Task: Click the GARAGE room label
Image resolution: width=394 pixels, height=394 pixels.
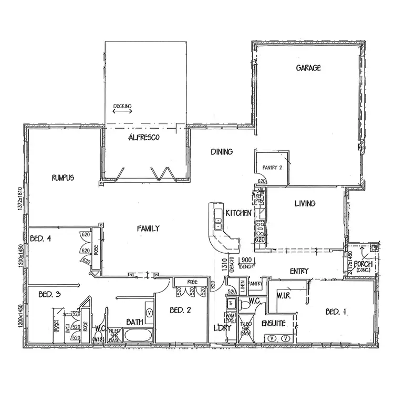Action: point(308,68)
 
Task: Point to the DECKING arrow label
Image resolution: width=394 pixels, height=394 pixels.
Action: point(122,107)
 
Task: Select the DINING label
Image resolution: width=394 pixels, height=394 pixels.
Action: point(222,152)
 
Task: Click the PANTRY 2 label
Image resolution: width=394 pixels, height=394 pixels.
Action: point(272,168)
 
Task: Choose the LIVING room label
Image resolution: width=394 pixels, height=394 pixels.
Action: point(305,203)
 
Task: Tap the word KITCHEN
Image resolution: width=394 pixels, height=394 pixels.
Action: point(239,213)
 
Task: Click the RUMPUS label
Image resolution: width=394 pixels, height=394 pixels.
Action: point(63,178)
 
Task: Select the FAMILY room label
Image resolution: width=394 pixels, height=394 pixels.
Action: point(148,229)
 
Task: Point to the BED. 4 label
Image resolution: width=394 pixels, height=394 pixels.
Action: point(40,238)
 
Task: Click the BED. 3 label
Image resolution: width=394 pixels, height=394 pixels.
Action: point(50,295)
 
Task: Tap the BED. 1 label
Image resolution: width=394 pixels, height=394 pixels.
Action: point(336,312)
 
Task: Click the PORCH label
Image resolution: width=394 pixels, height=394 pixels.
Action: point(363,264)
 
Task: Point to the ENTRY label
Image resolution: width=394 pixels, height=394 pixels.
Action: point(299,272)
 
